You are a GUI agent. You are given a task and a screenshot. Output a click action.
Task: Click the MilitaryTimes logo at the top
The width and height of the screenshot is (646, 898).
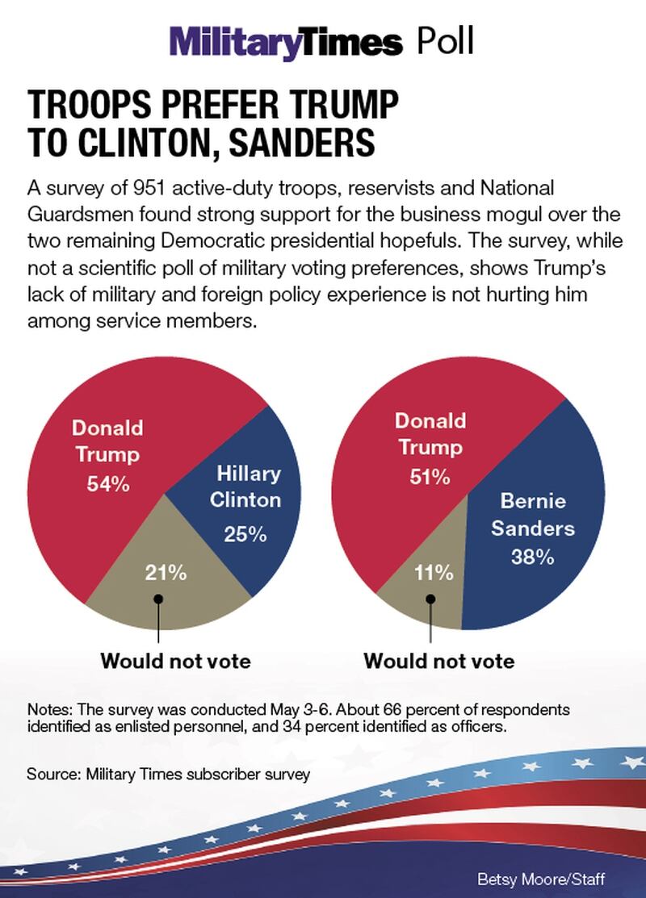coord(285,42)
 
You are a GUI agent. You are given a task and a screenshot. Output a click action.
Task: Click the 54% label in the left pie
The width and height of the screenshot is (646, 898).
coord(108,484)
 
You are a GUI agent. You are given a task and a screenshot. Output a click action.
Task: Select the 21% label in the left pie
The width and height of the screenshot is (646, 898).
coord(166,574)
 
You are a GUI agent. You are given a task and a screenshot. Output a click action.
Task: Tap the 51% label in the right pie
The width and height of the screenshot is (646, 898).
coord(429,477)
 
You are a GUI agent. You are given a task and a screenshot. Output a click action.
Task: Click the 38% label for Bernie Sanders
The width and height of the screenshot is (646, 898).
coord(531,557)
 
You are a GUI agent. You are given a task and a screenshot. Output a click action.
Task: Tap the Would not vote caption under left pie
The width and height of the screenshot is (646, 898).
coord(175,662)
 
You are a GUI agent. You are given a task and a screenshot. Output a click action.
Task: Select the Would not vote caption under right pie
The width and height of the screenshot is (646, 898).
coord(439,662)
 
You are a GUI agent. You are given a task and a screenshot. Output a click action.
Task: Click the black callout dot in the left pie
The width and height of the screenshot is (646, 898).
coord(158,598)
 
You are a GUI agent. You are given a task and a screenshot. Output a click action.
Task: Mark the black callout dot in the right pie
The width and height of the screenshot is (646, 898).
coord(431,598)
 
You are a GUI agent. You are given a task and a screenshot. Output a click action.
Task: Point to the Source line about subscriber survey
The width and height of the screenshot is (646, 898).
coord(169,774)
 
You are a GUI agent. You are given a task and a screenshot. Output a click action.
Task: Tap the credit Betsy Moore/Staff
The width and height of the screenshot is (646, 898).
coord(553,879)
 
